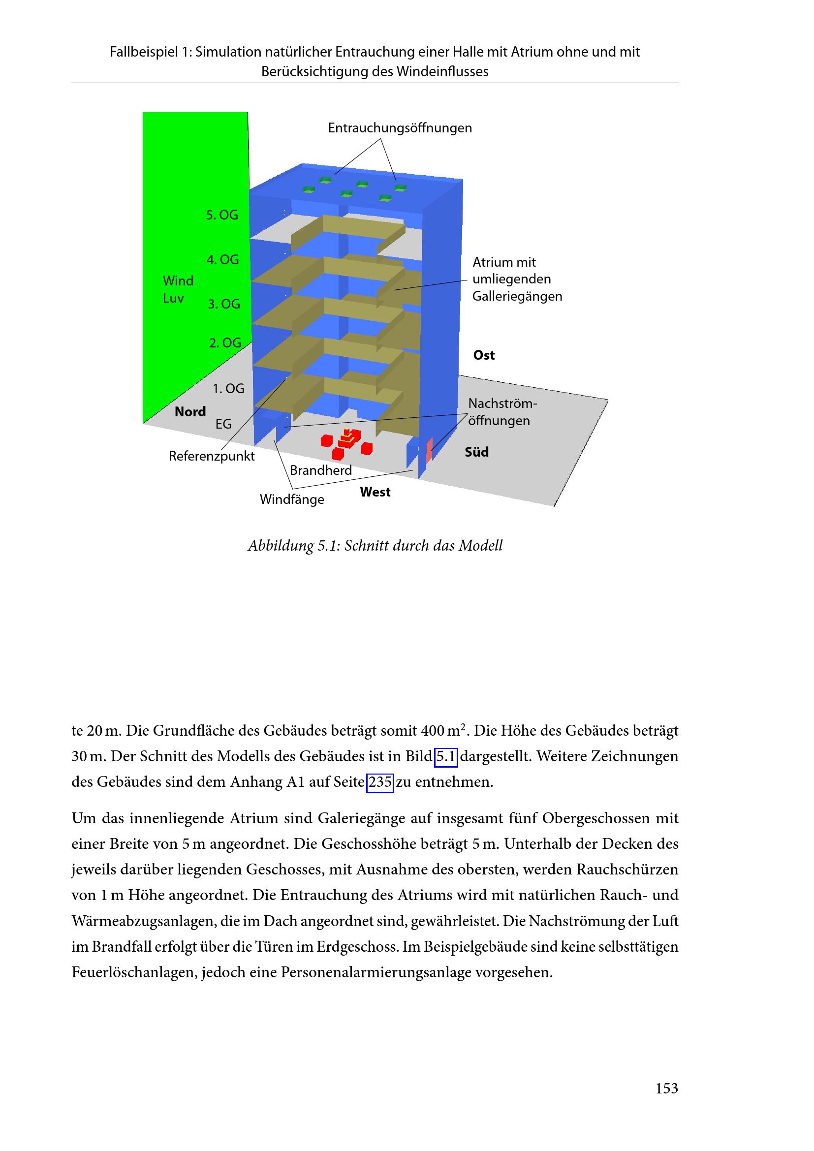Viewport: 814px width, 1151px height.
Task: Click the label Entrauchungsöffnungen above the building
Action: [400, 128]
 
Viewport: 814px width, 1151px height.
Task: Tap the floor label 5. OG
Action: [221, 215]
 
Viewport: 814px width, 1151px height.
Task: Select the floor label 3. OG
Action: [223, 304]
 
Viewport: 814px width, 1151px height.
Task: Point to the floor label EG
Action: [223, 425]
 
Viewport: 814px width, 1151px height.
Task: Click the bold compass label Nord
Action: [190, 412]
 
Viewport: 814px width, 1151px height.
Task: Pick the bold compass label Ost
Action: [484, 355]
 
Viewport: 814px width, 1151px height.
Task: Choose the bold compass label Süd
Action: [476, 452]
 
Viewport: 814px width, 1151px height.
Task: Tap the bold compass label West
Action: [375, 492]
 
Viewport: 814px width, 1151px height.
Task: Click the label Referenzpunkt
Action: [212, 456]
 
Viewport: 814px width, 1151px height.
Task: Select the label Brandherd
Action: [321, 470]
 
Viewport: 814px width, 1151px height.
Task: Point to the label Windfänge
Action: [292, 500]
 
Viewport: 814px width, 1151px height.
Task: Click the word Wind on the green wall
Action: [178, 280]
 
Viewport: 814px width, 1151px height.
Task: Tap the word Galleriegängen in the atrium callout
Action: [517, 297]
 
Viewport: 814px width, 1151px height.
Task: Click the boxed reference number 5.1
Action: [445, 756]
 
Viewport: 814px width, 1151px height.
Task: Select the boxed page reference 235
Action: [380, 782]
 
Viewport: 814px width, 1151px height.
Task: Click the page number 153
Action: [666, 1089]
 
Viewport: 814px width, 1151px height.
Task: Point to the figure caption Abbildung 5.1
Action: [375, 545]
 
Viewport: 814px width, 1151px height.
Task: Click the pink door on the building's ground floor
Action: [429, 450]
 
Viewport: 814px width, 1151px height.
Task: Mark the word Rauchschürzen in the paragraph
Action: [627, 869]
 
